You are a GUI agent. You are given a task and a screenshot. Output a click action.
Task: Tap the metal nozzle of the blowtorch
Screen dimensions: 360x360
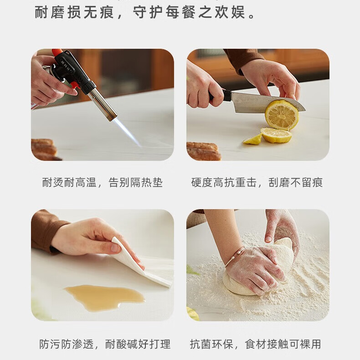coord(102,104)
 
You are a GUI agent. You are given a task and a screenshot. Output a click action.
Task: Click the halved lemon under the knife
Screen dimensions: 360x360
coord(282,115)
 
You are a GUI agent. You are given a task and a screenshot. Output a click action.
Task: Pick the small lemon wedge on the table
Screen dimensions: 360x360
coord(253,139)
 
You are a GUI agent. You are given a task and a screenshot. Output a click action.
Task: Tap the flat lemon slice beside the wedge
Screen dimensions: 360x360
coord(276,135)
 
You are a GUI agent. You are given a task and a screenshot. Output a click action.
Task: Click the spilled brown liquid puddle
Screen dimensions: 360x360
coord(104,297)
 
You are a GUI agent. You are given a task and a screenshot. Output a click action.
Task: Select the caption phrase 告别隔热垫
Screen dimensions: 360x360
coord(135,183)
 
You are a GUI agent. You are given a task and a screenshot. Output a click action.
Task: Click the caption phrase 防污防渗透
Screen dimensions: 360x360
coord(67,344)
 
